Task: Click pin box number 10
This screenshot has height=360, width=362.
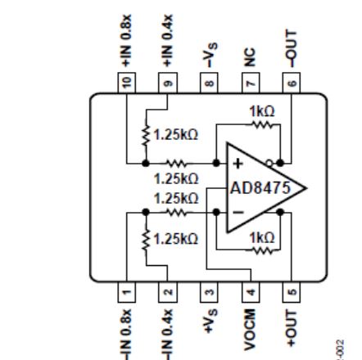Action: click(127, 83)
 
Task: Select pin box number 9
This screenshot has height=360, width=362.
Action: click(168, 83)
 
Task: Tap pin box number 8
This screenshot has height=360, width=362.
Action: click(209, 83)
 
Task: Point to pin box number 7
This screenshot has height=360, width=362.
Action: click(251, 83)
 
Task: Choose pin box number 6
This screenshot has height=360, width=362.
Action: click(292, 83)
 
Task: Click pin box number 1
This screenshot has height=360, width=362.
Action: click(127, 292)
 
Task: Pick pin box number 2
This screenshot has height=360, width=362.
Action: click(168, 292)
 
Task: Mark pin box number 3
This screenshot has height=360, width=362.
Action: click(209, 292)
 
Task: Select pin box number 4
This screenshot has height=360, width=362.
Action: click(251, 292)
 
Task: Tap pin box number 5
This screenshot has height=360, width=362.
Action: click(292, 292)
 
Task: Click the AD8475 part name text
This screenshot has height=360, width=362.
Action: click(260, 188)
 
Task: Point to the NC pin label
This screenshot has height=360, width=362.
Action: click(250, 57)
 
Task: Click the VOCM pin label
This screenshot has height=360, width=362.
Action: click(250, 330)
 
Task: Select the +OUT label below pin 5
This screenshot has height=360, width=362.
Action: click(292, 328)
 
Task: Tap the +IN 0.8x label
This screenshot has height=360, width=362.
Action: click(126, 41)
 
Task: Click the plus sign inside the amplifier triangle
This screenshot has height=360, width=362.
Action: click(238, 164)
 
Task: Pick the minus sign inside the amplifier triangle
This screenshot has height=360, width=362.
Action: click(238, 212)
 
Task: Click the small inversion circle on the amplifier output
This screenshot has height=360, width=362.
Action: click(269, 164)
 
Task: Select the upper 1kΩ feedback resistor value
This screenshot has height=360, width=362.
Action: click(262, 111)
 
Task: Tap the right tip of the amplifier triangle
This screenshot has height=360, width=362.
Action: click(306, 188)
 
